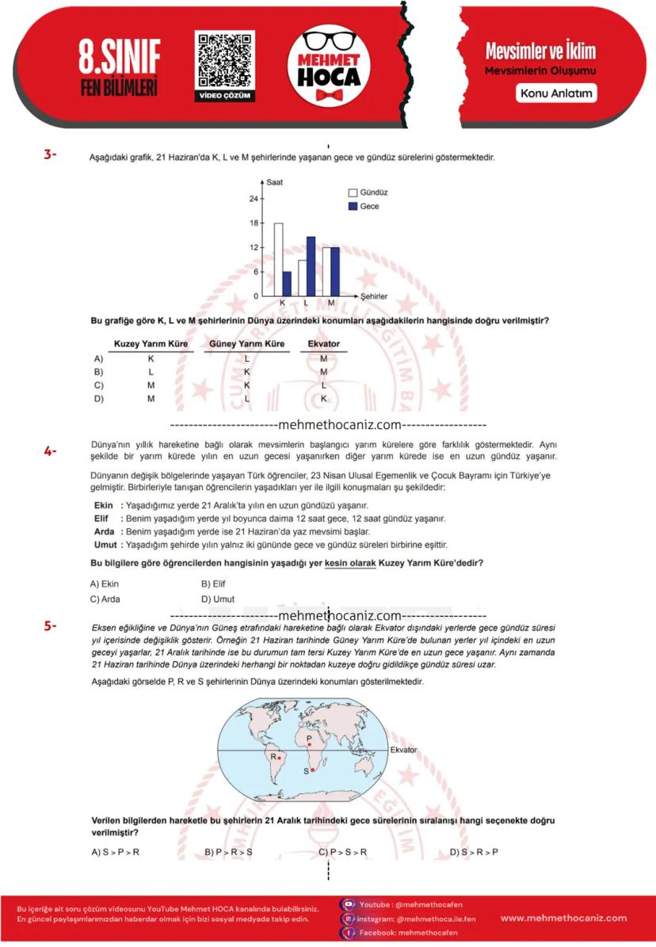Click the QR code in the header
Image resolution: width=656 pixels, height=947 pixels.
pyautogui.click(x=225, y=60)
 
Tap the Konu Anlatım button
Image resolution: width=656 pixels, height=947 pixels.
pyautogui.click(x=556, y=93)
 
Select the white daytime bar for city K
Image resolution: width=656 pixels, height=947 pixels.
pyautogui.click(x=278, y=259)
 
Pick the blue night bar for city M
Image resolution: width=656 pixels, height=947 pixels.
pyautogui.click(x=335, y=272)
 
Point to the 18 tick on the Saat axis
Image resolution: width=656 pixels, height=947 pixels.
pyautogui.click(x=254, y=223)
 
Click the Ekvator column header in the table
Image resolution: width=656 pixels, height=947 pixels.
pyautogui.click(x=323, y=344)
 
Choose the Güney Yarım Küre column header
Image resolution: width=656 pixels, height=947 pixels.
pyautogui.click(x=246, y=344)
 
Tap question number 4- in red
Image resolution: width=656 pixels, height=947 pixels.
pyautogui.click(x=50, y=451)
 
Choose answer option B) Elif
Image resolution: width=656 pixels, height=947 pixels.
pyautogui.click(x=214, y=584)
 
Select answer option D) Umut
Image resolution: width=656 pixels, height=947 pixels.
pyautogui.click(x=217, y=599)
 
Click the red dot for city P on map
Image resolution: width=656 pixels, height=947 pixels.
pyautogui.click(x=308, y=744)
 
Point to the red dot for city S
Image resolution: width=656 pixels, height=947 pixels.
pyautogui.click(x=312, y=770)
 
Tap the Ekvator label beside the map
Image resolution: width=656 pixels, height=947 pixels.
pyautogui.click(x=403, y=750)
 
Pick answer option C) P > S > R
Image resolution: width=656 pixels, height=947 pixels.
pyautogui.click(x=343, y=852)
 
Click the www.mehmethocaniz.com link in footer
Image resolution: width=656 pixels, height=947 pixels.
pyautogui.click(x=563, y=918)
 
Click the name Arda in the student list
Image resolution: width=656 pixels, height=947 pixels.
pyautogui.click(x=105, y=531)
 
